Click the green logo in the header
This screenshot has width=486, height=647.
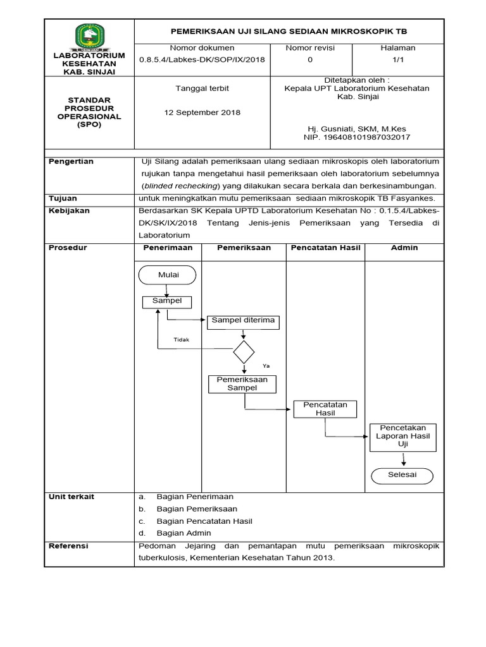89,36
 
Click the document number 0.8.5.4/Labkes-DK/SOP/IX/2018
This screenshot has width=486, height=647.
202,59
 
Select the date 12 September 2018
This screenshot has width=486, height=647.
202,112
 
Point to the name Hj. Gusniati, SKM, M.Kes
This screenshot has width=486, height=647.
356,128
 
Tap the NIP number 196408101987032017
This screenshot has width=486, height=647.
357,136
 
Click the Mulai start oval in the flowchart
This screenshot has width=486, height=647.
166,275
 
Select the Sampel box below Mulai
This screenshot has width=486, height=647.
167,302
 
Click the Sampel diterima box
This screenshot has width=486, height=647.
243,322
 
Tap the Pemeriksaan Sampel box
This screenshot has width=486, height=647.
243,384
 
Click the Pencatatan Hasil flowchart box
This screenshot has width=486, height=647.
325,409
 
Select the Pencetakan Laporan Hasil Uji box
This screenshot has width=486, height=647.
402,437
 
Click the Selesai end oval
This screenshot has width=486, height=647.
402,475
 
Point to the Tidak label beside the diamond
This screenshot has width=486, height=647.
182,339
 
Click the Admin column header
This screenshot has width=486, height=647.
404,248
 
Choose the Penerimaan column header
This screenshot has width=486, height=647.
167,248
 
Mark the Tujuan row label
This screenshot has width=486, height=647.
64,198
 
